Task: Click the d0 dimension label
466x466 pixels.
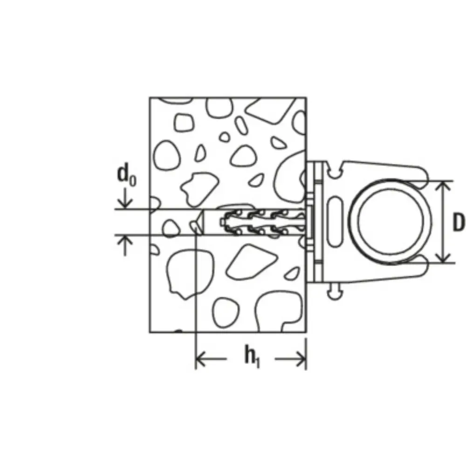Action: point(127,176)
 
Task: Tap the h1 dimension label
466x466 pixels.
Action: point(252,356)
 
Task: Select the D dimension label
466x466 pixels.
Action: point(458,222)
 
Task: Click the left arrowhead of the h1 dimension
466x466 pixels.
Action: point(201,359)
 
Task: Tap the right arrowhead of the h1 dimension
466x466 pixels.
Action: point(301,359)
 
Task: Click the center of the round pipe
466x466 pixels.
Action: point(390,222)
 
